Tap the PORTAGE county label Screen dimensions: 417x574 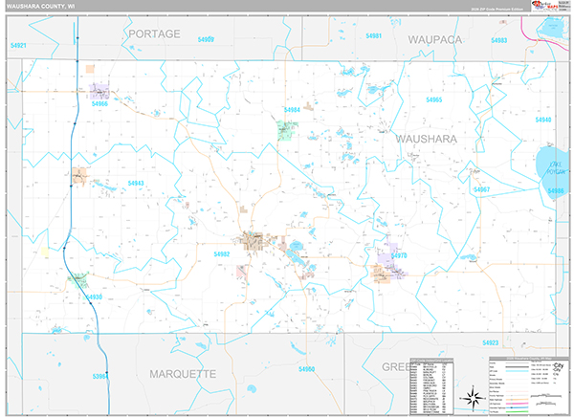click(153, 33)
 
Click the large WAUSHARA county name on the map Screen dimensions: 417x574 click(427, 139)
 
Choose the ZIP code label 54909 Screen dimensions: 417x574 click(206, 39)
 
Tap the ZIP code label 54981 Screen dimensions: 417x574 click(373, 36)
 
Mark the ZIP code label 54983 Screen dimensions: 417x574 click(498, 41)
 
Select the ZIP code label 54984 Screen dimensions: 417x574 click(293, 110)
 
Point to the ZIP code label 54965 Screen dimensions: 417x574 click(434, 99)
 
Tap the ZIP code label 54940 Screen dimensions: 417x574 click(543, 120)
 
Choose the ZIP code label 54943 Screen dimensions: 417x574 click(135, 183)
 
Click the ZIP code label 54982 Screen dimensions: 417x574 click(222, 254)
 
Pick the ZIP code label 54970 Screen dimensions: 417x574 click(399, 255)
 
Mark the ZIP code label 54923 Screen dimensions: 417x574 click(491, 341)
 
